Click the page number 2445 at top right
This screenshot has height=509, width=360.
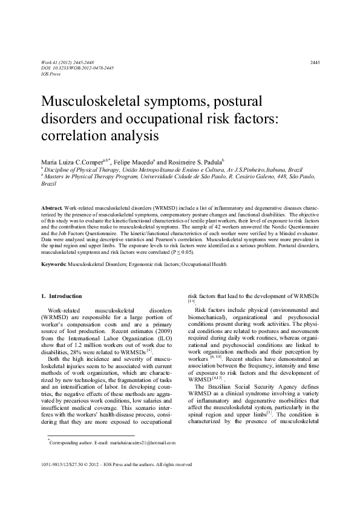[315, 63]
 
